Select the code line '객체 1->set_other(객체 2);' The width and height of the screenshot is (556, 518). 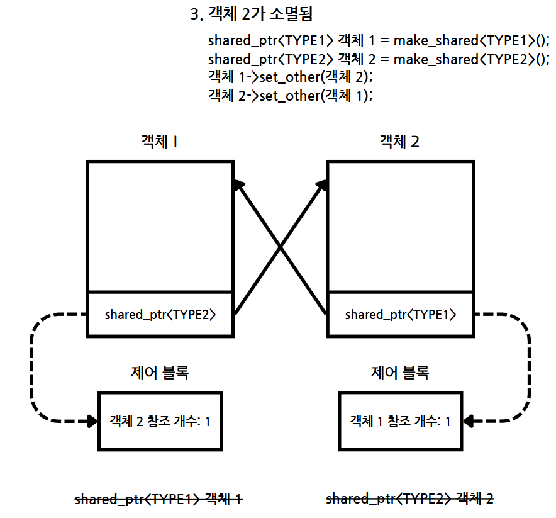[290, 77]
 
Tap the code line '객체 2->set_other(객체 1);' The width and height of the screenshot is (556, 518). [290, 96]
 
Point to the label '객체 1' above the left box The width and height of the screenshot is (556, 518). [158, 142]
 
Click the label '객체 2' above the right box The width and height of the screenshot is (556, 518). [399, 142]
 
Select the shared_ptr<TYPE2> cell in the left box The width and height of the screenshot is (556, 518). [160, 314]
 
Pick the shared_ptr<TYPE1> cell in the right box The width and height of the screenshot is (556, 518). [401, 314]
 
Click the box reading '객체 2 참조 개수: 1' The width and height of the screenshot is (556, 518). [160, 420]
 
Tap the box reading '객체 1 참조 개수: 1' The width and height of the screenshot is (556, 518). [401, 420]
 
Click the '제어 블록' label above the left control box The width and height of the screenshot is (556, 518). [160, 373]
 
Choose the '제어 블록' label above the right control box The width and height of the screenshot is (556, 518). [400, 373]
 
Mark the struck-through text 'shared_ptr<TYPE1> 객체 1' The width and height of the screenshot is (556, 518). [158, 499]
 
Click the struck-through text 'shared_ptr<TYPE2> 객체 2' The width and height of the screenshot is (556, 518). [409, 499]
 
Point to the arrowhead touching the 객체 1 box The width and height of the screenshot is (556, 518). [238, 184]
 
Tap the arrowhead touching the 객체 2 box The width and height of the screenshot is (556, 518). [322, 184]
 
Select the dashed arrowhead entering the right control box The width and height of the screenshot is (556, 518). [469, 421]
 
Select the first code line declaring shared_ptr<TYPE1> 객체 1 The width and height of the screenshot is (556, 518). [379, 41]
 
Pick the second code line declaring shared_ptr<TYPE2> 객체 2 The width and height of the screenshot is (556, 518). [379, 59]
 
